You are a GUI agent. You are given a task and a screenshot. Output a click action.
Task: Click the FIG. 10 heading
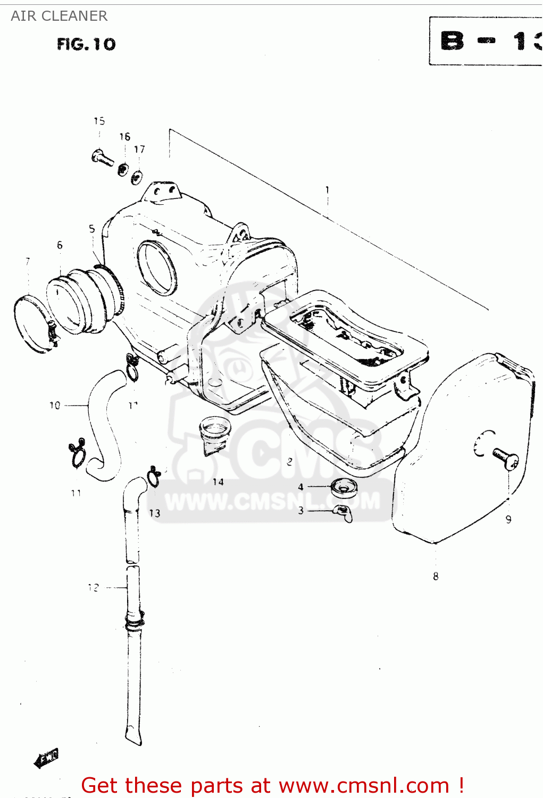pyautogui.click(x=86, y=44)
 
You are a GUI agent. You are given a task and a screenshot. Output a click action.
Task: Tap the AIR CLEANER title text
pyautogui.click(x=59, y=16)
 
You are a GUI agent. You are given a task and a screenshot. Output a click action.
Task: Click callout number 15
pyautogui.click(x=99, y=121)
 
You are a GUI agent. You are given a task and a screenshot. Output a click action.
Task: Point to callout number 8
pyautogui.click(x=436, y=576)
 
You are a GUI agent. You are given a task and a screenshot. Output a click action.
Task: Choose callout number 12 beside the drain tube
pyautogui.click(x=94, y=587)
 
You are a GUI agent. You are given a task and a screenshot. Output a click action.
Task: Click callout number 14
pyautogui.click(x=218, y=482)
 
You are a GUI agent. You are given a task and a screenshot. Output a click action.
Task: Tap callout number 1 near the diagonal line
pyautogui.click(x=328, y=190)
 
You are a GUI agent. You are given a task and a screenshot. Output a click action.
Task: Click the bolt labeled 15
pyautogui.click(x=103, y=157)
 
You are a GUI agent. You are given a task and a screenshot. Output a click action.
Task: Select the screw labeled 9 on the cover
pyautogui.click(x=505, y=458)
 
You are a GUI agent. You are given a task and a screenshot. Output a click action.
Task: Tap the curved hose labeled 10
pyautogui.click(x=101, y=420)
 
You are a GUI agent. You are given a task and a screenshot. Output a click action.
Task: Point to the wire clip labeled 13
pyautogui.click(x=154, y=477)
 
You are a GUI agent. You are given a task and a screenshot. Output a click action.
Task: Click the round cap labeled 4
pyautogui.click(x=343, y=487)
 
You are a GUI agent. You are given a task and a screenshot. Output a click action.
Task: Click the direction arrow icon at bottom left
pyautogui.click(x=46, y=758)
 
